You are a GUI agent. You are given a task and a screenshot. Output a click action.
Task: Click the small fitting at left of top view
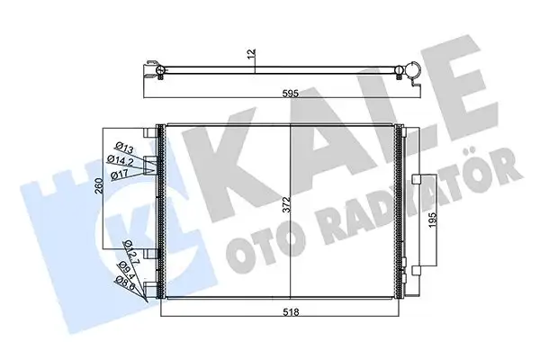pos(159,71)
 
